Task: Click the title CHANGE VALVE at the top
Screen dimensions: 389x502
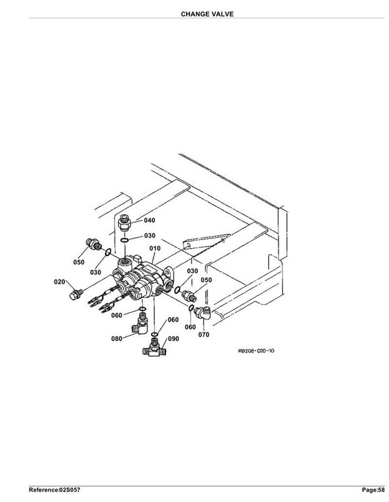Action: [207, 14]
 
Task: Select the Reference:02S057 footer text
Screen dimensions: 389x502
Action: [54, 490]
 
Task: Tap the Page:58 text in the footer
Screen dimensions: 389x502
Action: [373, 490]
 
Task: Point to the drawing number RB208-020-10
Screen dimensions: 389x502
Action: [256, 350]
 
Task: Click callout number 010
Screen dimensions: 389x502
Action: [155, 248]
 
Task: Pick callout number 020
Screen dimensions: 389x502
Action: [59, 282]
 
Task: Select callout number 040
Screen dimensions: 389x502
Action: [149, 220]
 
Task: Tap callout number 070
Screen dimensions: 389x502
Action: [204, 334]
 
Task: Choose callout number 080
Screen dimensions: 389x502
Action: [117, 338]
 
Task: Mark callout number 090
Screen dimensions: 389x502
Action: [174, 339]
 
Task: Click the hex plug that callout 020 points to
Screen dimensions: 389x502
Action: [76, 294]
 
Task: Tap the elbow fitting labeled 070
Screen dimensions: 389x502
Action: [202, 313]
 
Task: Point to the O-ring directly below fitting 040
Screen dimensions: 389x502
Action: [125, 240]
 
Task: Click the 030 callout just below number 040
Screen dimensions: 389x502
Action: [150, 236]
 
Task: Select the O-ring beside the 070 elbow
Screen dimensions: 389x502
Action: [191, 308]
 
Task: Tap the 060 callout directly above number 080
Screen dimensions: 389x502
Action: [117, 315]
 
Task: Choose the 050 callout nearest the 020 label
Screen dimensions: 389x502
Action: [79, 262]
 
